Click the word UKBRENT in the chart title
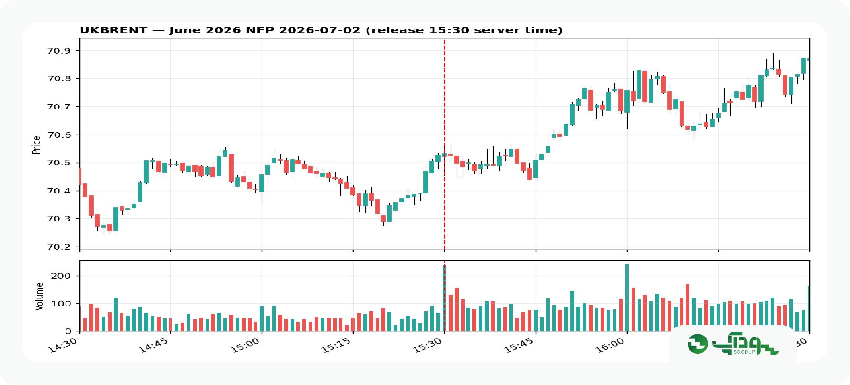coord(113,30)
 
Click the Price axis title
coord(36,144)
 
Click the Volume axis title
coord(39,296)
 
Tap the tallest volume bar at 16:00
coord(627,298)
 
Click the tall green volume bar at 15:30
coord(444,298)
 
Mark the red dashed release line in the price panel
coord(444,144)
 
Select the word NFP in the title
coord(261,30)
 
